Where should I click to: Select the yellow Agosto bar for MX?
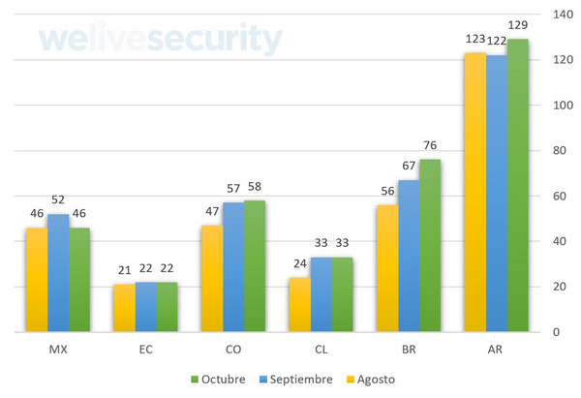pos(36,280)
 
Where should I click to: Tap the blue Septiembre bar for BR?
pos(408,256)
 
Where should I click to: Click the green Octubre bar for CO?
pos(255,266)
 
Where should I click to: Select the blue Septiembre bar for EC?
pos(145,307)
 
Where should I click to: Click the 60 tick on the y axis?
pos(559,196)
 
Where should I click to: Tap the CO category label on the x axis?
pos(232,349)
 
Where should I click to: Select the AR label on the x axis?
pos(496,349)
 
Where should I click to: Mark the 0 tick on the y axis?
pos(556,332)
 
